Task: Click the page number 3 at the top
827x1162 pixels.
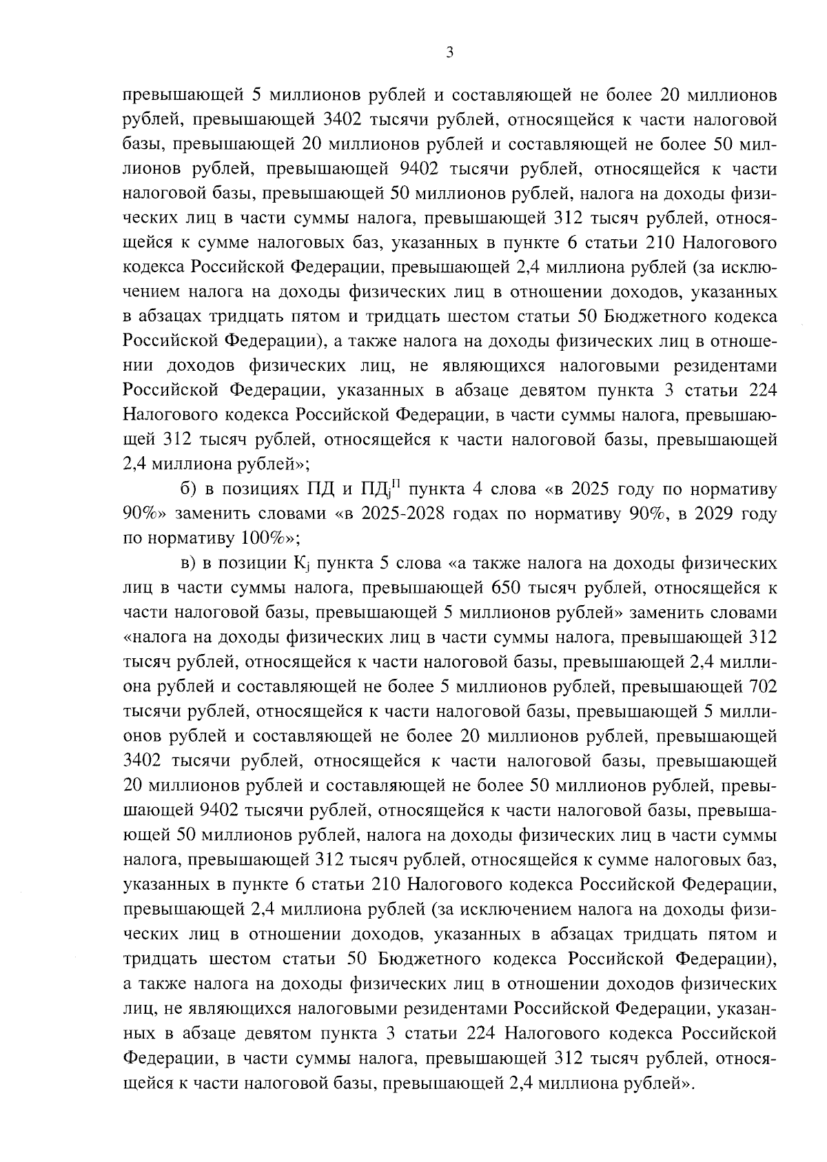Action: click(449, 53)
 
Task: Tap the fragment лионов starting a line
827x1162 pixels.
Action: click(153, 170)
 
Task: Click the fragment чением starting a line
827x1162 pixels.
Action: click(154, 292)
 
